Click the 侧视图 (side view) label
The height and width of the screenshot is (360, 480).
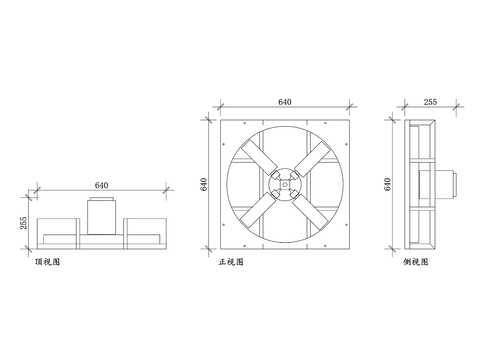415,262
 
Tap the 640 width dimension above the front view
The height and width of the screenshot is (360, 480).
284,102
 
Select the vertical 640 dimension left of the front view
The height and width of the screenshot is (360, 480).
205,185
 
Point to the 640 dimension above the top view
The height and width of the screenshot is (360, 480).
101,185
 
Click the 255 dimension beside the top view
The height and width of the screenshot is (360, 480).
23,224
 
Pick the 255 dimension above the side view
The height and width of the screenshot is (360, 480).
430,102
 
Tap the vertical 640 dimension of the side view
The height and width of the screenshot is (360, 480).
389,185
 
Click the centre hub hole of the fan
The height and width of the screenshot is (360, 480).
284,184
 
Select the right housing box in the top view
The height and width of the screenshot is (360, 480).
144,233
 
